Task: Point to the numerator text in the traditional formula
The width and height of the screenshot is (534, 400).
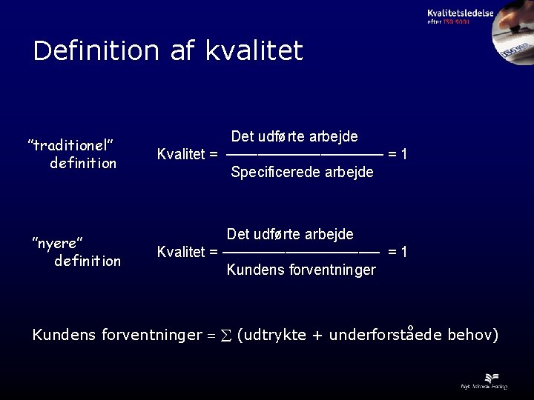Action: tap(294, 137)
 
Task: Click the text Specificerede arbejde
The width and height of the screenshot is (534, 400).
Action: tap(302, 173)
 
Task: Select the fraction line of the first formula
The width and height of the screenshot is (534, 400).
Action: tap(304, 156)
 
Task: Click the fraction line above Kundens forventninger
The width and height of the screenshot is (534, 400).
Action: tap(300, 252)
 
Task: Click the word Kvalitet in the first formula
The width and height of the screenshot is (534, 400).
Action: tap(181, 156)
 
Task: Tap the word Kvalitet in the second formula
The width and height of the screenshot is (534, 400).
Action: tap(181, 252)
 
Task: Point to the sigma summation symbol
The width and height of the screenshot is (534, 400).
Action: tap(225, 336)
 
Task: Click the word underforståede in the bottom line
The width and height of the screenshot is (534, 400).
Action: tap(386, 336)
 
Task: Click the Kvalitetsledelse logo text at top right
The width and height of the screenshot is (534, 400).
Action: tap(460, 13)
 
